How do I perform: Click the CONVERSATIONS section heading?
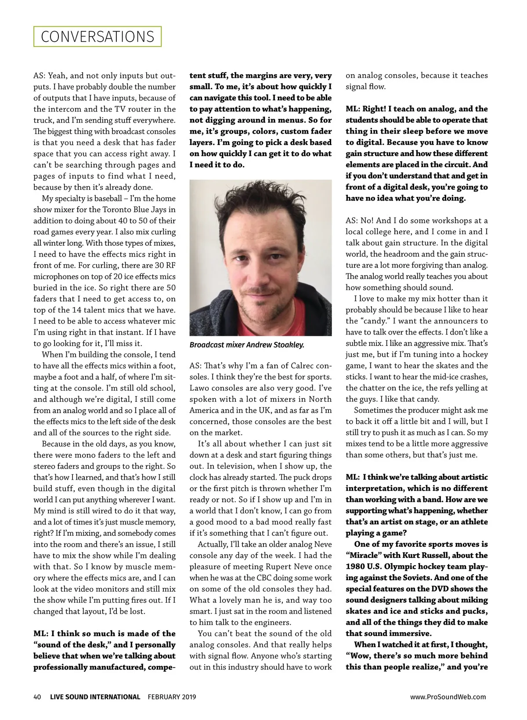[x=97, y=36]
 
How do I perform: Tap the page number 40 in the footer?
[x=37, y=697]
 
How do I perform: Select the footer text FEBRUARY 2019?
[x=172, y=697]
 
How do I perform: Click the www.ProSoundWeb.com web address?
[x=448, y=697]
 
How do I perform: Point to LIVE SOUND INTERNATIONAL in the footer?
[x=95, y=697]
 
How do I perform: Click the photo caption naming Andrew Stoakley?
[x=247, y=345]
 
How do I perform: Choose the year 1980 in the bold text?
[x=355, y=567]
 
